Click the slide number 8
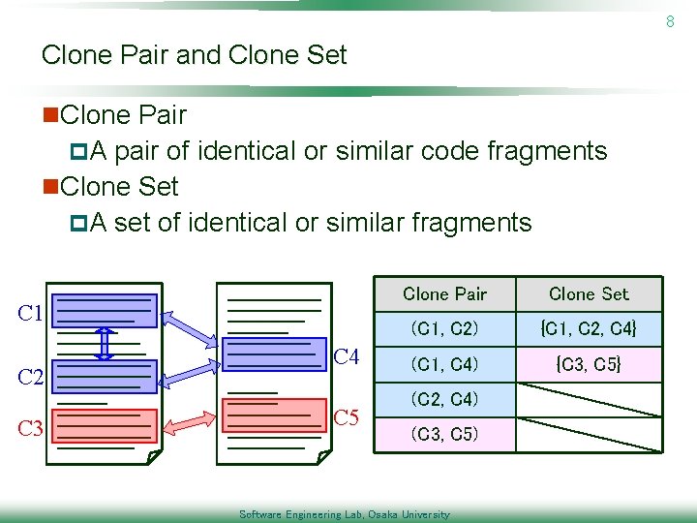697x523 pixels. tap(669, 20)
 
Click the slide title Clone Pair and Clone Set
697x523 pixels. tap(194, 55)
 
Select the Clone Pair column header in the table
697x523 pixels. tap(444, 293)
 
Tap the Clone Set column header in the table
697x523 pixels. tap(589, 293)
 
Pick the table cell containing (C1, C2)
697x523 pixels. tap(444, 329)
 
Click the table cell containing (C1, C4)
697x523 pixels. tap(444, 364)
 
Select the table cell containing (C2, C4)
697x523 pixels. tap(444, 399)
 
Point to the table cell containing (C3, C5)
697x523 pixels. tap(444, 434)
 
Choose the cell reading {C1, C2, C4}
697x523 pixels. tap(589, 329)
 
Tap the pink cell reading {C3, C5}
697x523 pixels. tap(589, 364)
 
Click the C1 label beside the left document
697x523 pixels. tap(31, 313)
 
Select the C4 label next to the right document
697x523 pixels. tap(347, 357)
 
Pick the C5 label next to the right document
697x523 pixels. tap(347, 418)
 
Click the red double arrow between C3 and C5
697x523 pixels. tap(190, 420)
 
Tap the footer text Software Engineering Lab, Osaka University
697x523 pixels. tap(344, 514)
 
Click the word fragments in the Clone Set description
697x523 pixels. tap(472, 223)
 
